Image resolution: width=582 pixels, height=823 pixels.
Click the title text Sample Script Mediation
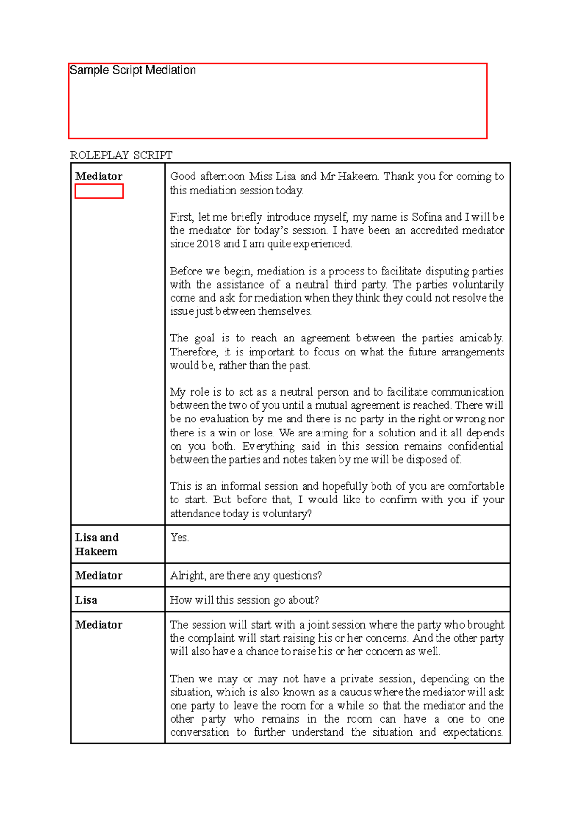coord(132,70)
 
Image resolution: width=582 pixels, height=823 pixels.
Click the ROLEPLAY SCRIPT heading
coord(121,155)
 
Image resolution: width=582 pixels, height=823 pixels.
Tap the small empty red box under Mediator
coord(99,192)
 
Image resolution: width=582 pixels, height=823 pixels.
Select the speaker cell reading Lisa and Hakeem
coord(97,544)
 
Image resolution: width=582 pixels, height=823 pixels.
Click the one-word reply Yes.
coord(179,537)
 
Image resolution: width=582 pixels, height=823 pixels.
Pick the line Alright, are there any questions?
coord(245,576)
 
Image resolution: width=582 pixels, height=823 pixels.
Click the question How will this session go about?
coord(244,600)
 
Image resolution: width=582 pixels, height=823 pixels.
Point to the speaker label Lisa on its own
coord(86,600)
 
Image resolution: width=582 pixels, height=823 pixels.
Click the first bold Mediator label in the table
coord(98,177)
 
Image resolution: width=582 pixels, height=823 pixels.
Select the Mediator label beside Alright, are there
coord(98,576)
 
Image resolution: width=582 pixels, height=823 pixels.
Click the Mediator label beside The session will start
coord(98,625)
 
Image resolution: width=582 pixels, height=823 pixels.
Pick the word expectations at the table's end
coord(473,732)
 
